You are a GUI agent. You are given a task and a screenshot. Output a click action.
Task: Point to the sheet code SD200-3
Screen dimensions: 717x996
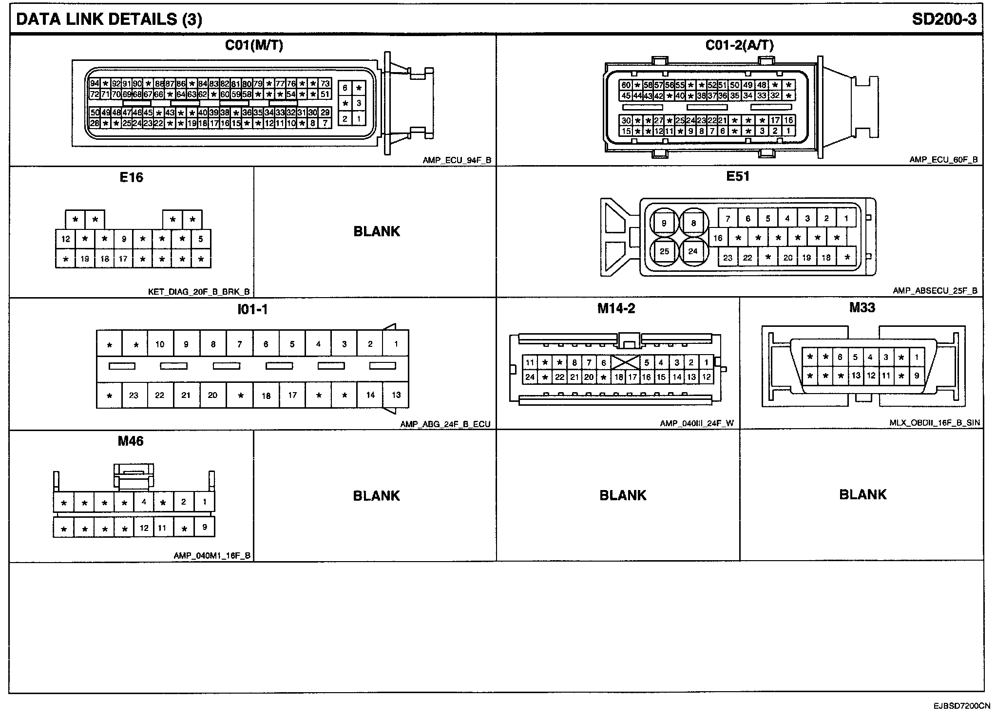pyautogui.click(x=944, y=19)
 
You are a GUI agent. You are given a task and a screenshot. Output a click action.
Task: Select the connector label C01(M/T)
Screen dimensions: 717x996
pyautogui.click(x=253, y=45)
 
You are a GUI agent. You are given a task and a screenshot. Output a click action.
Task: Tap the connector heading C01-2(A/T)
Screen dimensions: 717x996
pyautogui.click(x=739, y=45)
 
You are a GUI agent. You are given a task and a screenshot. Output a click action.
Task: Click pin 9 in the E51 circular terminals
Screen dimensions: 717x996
pyautogui.click(x=664, y=224)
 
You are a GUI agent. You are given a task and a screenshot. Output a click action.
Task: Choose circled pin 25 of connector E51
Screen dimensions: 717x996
pyautogui.click(x=664, y=252)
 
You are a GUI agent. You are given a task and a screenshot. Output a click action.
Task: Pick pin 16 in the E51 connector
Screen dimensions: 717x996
pyautogui.click(x=718, y=238)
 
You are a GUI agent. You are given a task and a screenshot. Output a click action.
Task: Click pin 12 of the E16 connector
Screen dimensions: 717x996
pyautogui.click(x=66, y=239)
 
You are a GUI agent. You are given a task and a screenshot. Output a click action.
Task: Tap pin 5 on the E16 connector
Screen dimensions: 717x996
pyautogui.click(x=201, y=239)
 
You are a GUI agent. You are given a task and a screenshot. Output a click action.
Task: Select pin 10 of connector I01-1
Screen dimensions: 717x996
pyautogui.click(x=160, y=344)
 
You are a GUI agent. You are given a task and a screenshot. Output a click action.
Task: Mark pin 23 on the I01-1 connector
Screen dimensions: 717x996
pyautogui.click(x=134, y=395)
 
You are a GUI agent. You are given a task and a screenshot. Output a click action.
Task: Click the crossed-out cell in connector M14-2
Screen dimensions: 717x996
pyautogui.click(x=625, y=362)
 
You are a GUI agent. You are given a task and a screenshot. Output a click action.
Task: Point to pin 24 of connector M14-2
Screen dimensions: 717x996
pyautogui.click(x=530, y=377)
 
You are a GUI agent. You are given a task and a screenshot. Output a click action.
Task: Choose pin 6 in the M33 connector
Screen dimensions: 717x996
pyautogui.click(x=840, y=357)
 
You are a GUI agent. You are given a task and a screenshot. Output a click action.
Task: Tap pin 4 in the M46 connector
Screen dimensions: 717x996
pyautogui.click(x=144, y=501)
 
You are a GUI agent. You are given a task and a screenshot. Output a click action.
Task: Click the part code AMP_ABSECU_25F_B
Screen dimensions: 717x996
pyautogui.click(x=935, y=291)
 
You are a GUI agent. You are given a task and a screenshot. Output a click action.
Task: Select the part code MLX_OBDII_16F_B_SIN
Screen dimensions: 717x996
pyautogui.click(x=934, y=423)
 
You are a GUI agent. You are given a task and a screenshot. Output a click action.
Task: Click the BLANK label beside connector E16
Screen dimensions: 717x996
pyautogui.click(x=376, y=231)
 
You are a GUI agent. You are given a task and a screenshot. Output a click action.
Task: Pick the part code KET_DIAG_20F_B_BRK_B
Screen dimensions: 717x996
pyautogui.click(x=199, y=292)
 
